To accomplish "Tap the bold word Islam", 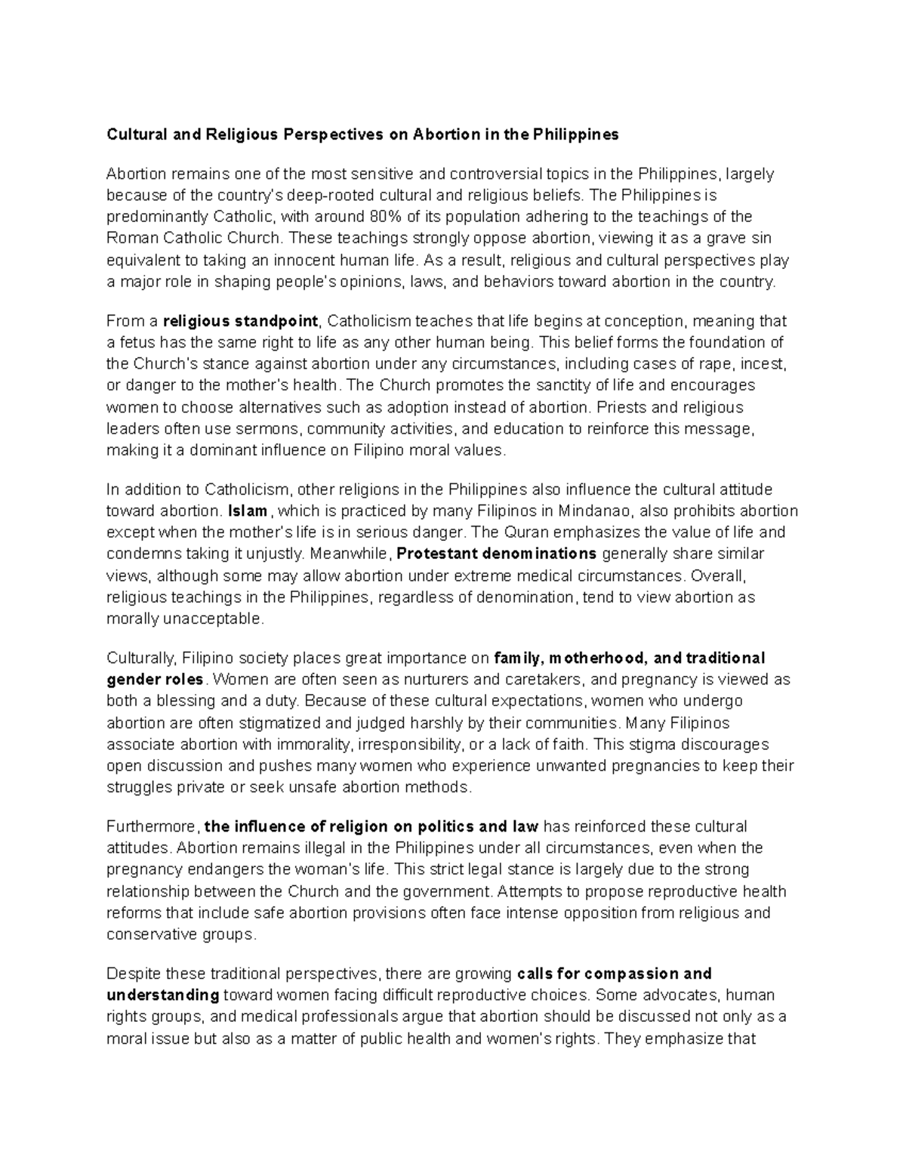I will [x=248, y=511].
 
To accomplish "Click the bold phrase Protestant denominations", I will [x=496, y=554].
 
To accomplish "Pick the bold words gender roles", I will [x=155, y=679].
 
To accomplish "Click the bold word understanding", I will [x=163, y=996].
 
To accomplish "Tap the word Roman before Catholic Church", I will [x=131, y=239].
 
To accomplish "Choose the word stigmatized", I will [x=305, y=722].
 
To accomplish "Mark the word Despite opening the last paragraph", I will [x=133, y=974].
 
